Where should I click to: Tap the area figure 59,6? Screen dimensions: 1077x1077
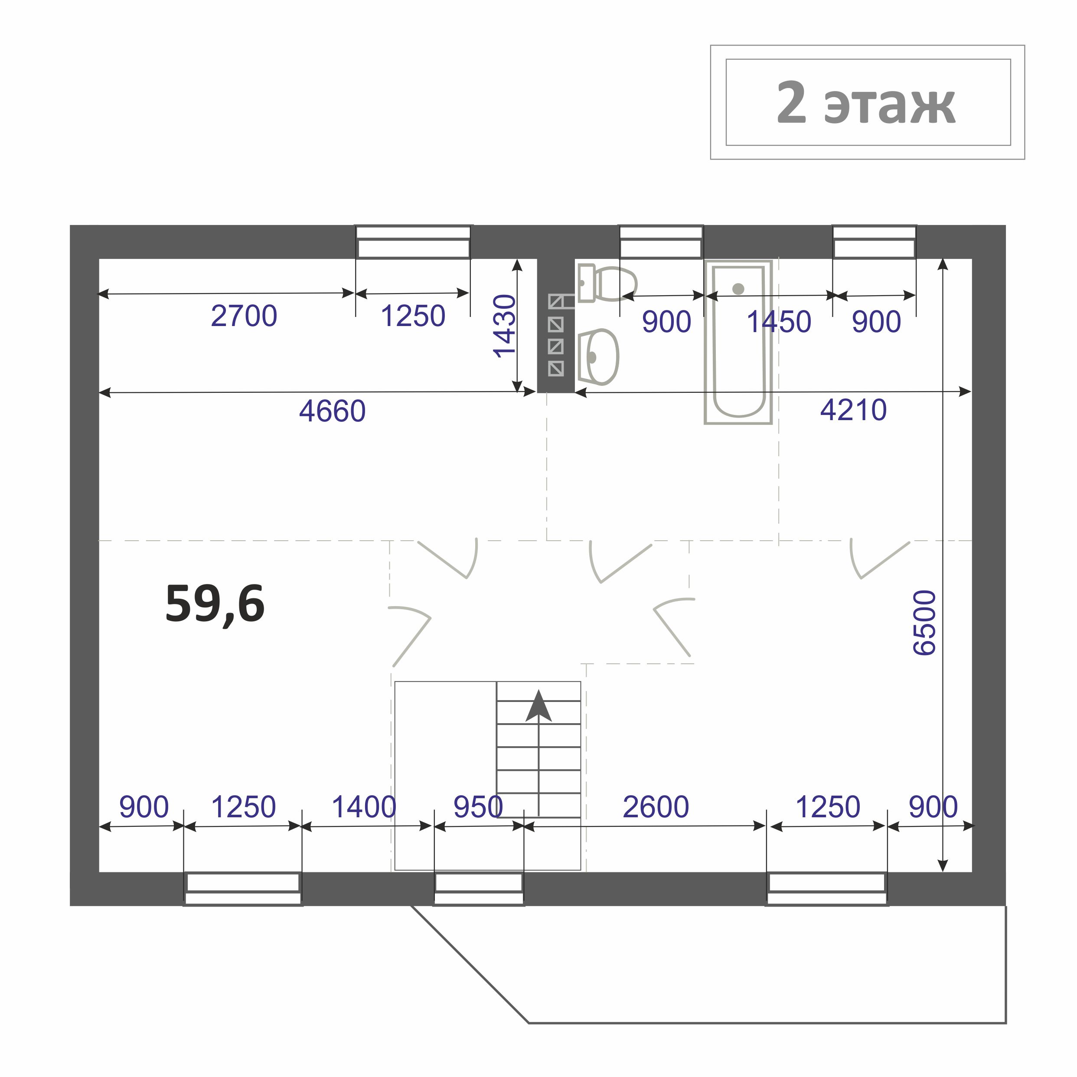[215, 604]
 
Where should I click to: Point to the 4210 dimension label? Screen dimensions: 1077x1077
[853, 410]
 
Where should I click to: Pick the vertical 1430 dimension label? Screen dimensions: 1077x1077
[505, 326]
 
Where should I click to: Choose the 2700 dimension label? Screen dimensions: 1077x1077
[244, 316]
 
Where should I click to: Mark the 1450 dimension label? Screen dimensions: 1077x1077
[779, 322]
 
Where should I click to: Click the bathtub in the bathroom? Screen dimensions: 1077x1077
[738, 342]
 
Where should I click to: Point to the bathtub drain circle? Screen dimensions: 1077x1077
[738, 289]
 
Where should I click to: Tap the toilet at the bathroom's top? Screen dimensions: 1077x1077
[607, 283]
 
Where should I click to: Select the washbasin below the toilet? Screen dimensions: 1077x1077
[597, 357]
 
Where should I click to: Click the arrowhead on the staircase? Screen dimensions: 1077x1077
[538, 706]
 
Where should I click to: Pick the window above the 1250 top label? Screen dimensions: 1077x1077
[413, 242]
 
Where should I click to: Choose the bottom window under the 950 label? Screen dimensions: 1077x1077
[478, 889]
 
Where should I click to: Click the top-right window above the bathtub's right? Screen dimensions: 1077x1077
[874, 242]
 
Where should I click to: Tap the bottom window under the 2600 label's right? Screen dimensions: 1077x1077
[827, 889]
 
